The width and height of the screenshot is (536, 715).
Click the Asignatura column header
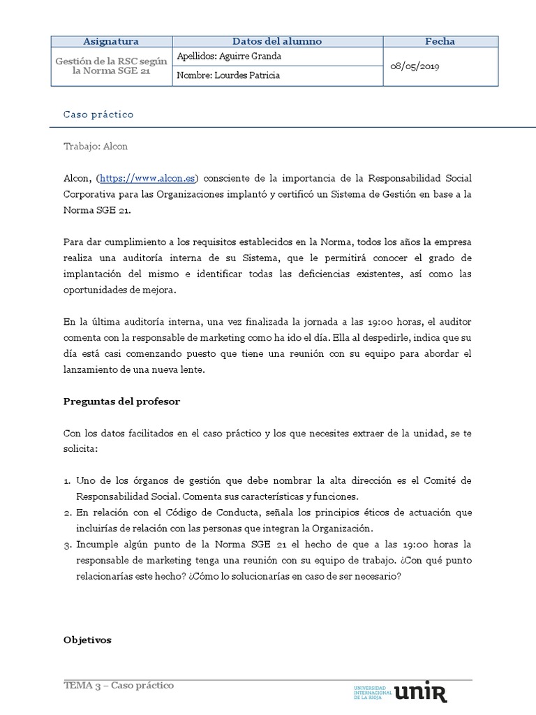click(x=111, y=41)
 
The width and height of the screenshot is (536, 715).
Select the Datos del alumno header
click(x=277, y=41)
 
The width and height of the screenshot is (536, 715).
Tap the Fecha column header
click(x=440, y=41)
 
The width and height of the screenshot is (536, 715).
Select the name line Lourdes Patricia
click(x=229, y=75)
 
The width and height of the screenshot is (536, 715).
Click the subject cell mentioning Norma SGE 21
click(x=111, y=66)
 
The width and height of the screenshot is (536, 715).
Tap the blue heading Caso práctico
click(x=98, y=114)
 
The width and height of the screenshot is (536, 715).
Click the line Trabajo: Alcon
click(x=96, y=147)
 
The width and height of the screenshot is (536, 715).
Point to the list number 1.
click(x=67, y=481)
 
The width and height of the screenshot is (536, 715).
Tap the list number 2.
click(x=67, y=513)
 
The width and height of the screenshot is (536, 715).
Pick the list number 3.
click(x=67, y=543)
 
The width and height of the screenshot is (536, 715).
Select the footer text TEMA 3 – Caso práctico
click(x=119, y=685)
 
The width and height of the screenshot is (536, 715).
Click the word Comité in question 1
click(x=444, y=481)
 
